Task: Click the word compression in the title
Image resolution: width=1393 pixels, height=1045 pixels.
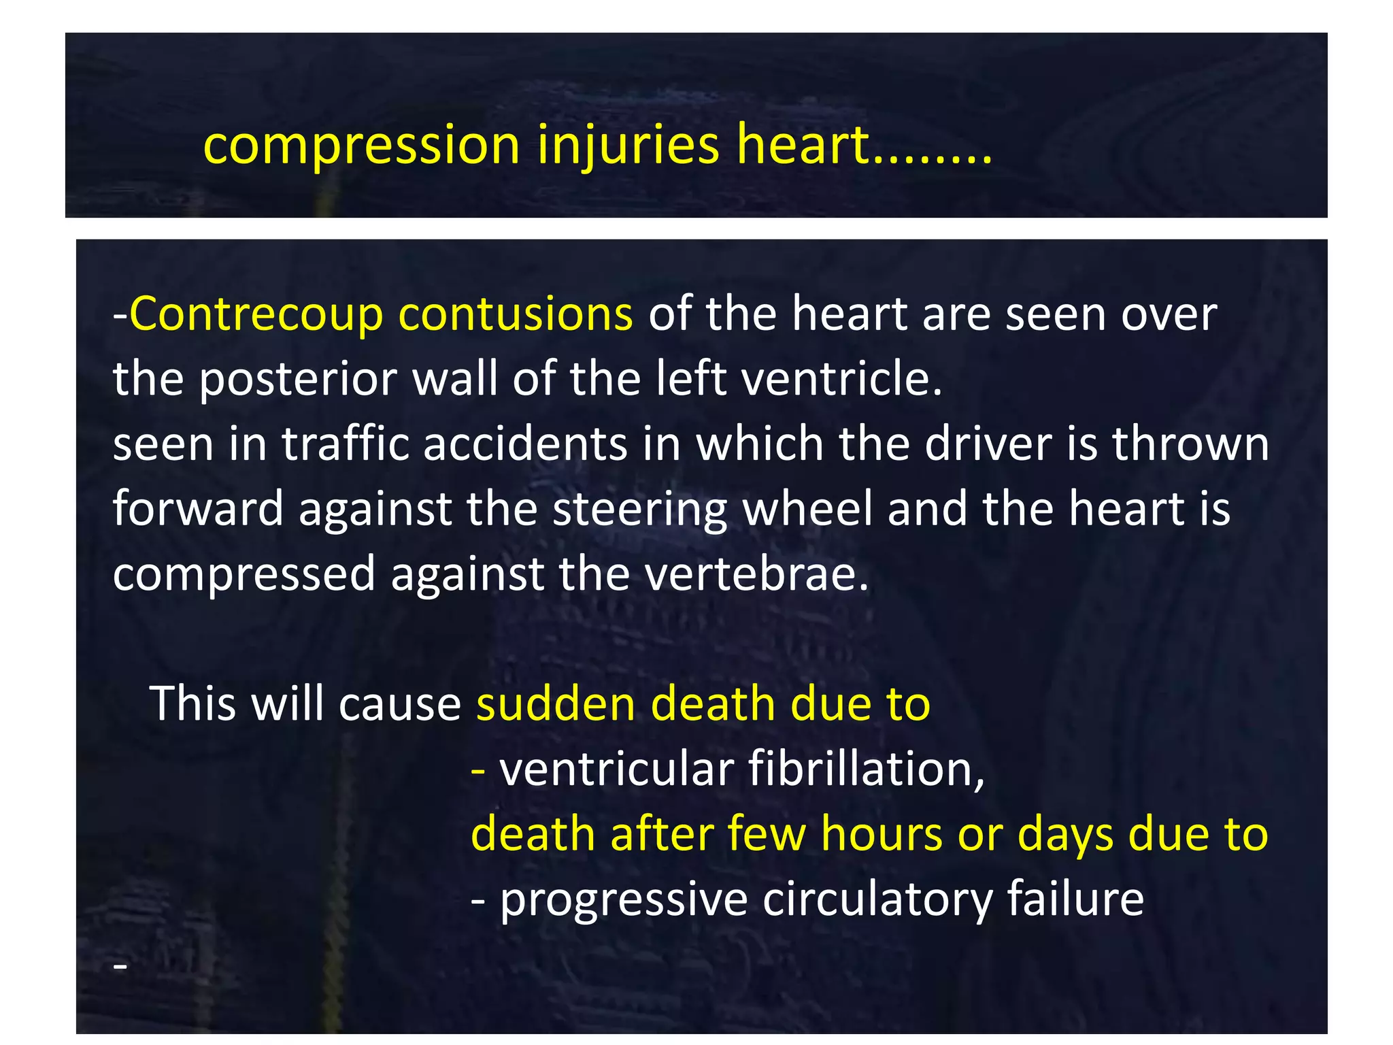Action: coord(362,146)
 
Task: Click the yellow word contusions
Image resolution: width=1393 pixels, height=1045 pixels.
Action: coord(516,314)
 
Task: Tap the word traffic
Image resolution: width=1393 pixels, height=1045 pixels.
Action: coord(346,444)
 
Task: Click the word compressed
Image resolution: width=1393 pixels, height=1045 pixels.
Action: coord(244,574)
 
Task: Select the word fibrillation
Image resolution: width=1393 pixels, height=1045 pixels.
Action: coord(866,769)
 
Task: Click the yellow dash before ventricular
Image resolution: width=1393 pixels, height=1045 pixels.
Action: coord(478,770)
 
